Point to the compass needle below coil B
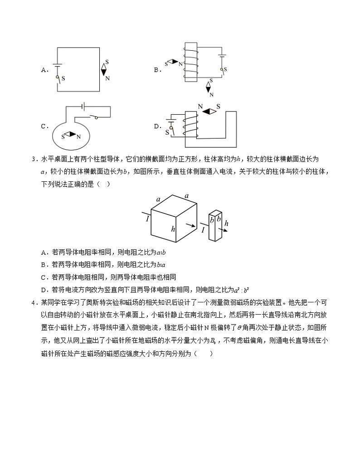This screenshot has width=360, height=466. click(210, 88)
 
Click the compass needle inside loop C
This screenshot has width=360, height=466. click(69, 135)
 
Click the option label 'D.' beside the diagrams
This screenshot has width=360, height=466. click(158, 126)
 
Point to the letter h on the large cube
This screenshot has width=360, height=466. click(173, 229)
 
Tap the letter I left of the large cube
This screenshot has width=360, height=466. click(147, 218)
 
